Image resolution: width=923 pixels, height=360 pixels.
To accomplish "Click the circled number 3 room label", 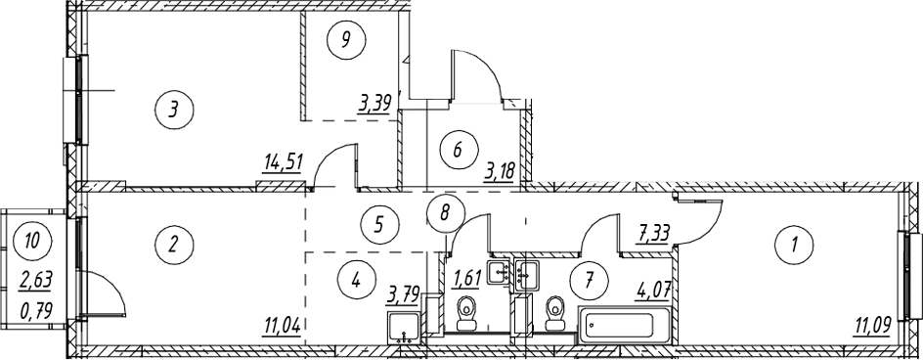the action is (x=173, y=109).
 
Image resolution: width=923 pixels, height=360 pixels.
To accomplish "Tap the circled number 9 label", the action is (x=346, y=39).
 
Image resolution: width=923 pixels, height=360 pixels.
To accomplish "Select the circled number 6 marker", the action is (x=458, y=150).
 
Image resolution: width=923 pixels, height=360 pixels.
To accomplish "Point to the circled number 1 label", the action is (x=794, y=244).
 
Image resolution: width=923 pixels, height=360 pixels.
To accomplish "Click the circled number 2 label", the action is (x=173, y=243).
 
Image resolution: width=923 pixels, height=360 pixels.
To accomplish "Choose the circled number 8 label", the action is (x=445, y=212).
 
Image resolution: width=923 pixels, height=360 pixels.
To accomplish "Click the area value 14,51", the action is (x=284, y=162).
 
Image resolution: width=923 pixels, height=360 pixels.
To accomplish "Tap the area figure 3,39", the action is (x=374, y=105).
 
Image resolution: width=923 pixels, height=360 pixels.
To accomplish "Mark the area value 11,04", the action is (x=284, y=325).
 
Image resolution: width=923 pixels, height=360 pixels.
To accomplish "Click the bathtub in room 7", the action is (x=624, y=325).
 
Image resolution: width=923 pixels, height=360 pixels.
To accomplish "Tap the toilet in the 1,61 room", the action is (x=467, y=314).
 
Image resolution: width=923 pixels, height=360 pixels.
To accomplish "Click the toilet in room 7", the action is (x=555, y=314).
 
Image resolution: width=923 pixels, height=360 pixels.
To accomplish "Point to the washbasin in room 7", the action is (x=527, y=273).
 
